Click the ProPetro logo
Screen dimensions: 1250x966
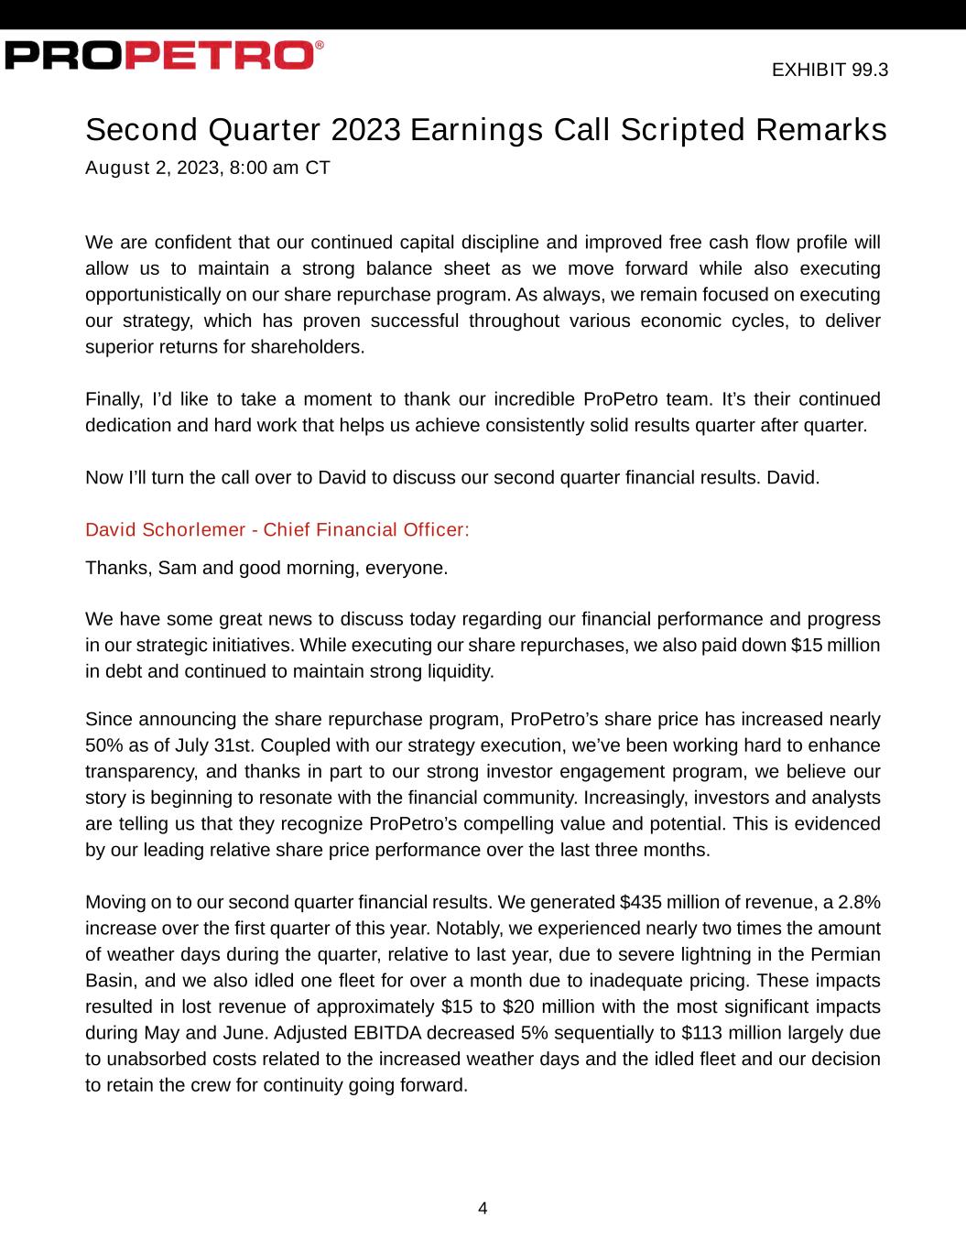tap(163, 55)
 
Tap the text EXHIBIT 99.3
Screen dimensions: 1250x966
tap(830, 70)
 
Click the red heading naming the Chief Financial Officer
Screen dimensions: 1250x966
tap(277, 529)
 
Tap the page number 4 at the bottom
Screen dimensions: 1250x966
tap(483, 1208)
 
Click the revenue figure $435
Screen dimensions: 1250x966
tap(640, 902)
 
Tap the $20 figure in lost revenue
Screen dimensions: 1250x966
tap(501, 1006)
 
